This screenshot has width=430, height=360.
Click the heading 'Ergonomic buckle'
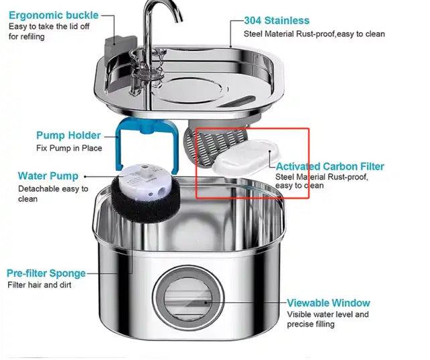pos(54,15)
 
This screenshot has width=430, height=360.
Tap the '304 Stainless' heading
pos(277,21)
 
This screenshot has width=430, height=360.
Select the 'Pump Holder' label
pos(68,135)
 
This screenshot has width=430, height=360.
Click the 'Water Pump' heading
pos(48,176)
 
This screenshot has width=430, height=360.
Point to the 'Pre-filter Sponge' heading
pos(46,274)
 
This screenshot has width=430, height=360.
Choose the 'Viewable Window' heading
pos(329,303)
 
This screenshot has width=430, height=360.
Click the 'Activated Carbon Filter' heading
pos(330,166)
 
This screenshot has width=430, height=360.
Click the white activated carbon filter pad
pos(245,158)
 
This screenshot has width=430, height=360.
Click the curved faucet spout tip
pos(179,19)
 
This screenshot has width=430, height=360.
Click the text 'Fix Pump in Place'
pos(69,148)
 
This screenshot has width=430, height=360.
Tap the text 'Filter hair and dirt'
pos(40,285)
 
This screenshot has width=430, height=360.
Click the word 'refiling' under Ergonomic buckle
pos(31,36)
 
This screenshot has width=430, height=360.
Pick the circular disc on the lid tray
pos(190,90)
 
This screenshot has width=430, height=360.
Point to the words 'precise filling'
pos(311,324)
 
